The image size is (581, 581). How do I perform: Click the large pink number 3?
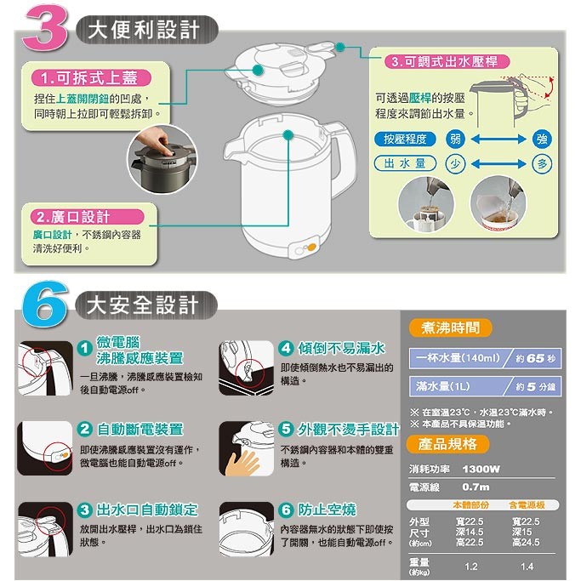45,28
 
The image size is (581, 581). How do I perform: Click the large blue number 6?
45,305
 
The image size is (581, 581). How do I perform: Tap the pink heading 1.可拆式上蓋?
91,77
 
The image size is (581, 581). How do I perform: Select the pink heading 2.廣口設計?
88,217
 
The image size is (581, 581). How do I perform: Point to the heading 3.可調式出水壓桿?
446,61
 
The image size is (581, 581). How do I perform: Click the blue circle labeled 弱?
455,140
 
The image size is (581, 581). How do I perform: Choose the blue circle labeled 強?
542,140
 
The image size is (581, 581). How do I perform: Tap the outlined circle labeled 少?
455,164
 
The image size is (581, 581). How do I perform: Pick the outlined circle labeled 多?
542,164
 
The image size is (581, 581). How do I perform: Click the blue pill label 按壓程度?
405,140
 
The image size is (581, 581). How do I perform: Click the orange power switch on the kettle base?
311,248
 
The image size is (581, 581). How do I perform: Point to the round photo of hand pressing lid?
162,159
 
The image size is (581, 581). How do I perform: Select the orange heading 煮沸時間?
450,328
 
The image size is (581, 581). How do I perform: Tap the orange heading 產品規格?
447,444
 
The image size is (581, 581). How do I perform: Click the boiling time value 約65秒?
536,358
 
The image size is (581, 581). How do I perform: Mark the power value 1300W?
481,469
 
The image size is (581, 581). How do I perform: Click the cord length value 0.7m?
476,487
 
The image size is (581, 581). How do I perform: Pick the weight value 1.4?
527,567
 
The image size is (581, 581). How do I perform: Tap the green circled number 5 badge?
286,429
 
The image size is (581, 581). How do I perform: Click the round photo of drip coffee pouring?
426,204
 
